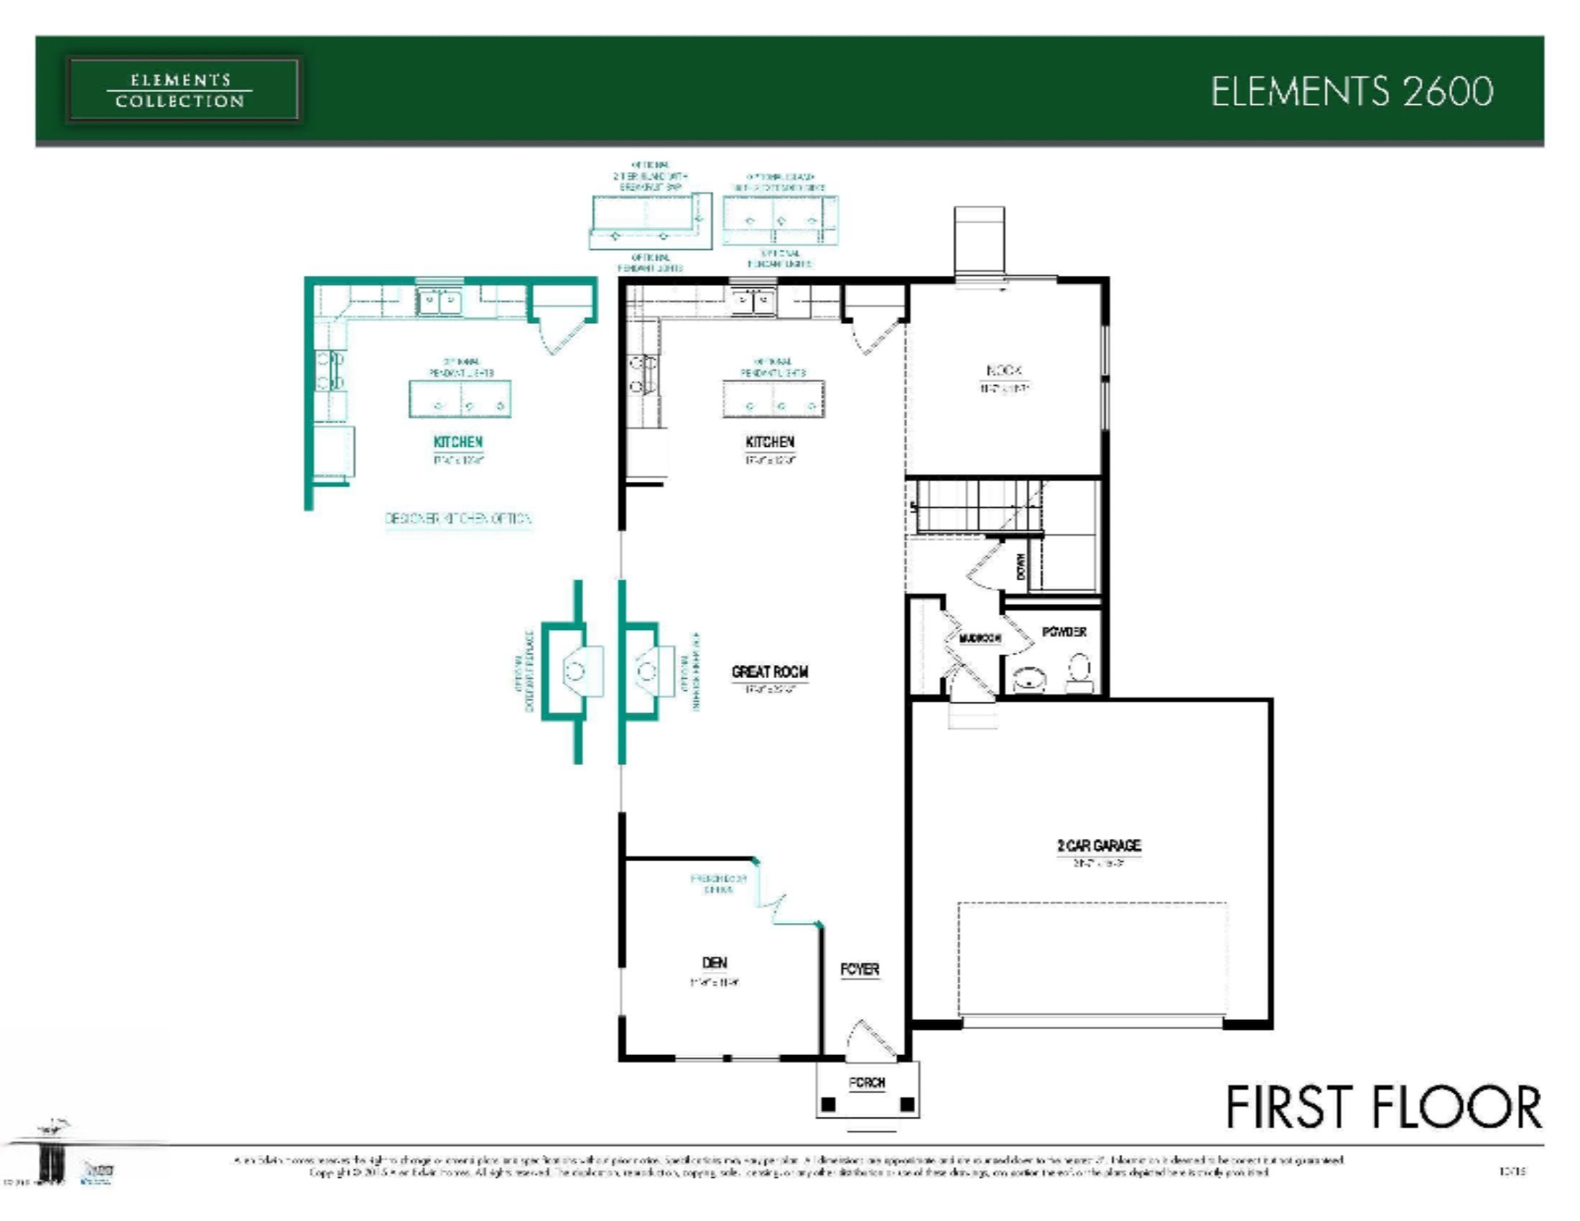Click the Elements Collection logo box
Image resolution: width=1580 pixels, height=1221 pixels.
(182, 90)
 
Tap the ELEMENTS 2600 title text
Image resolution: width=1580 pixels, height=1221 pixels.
(1352, 92)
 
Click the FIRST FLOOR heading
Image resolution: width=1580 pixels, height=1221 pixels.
(1382, 1108)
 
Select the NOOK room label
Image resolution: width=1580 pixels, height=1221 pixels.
(1003, 371)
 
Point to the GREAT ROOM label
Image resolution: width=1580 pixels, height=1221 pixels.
(770, 672)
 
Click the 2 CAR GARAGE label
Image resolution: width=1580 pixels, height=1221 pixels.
(1098, 845)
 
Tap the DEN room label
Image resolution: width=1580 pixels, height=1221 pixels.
(714, 962)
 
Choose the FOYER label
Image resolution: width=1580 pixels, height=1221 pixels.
(860, 970)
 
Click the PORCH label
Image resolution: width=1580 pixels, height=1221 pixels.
(867, 1083)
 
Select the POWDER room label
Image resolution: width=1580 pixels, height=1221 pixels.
(1064, 632)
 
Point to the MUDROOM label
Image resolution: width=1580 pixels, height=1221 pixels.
(980, 638)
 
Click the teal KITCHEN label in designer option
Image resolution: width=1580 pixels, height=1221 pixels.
(457, 442)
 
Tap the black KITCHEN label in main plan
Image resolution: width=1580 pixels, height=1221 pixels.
(770, 442)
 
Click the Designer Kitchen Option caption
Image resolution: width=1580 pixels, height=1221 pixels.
(458, 519)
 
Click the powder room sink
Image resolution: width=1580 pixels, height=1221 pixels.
(1028, 681)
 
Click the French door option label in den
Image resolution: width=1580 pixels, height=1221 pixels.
(717, 884)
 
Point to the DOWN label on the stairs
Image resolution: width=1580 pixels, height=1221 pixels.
(1020, 567)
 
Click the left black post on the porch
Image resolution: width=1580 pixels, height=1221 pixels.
(829, 1105)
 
